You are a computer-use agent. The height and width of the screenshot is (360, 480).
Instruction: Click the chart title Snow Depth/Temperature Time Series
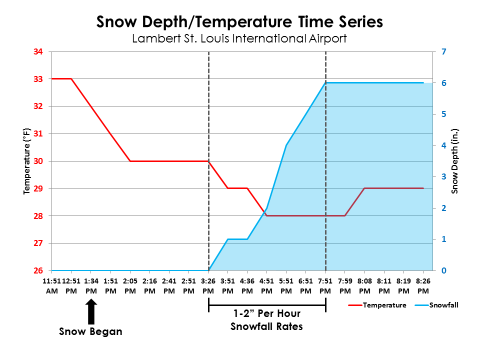239,22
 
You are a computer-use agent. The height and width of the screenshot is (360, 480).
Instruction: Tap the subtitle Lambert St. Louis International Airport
239,38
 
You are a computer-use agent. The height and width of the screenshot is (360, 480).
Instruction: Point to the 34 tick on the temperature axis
38,51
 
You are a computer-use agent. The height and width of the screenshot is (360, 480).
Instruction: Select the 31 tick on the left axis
38,134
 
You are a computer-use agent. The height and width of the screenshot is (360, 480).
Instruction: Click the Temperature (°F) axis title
27,161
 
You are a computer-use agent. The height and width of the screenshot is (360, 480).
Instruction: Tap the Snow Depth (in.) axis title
455,161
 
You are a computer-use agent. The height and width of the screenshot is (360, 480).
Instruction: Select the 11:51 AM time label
52,286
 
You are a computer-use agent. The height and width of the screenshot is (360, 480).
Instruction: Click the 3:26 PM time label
208,286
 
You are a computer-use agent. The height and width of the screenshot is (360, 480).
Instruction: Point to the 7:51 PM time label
325,286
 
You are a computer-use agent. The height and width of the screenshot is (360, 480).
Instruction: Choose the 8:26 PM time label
423,286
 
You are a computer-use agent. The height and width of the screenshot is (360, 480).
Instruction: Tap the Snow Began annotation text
90,331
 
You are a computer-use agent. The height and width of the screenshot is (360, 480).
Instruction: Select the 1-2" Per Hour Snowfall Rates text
266,320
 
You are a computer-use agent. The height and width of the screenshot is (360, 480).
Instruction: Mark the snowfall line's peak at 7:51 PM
325,83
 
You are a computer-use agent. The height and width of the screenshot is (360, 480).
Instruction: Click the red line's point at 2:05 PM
130,161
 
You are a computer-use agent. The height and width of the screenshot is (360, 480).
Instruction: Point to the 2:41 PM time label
169,286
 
